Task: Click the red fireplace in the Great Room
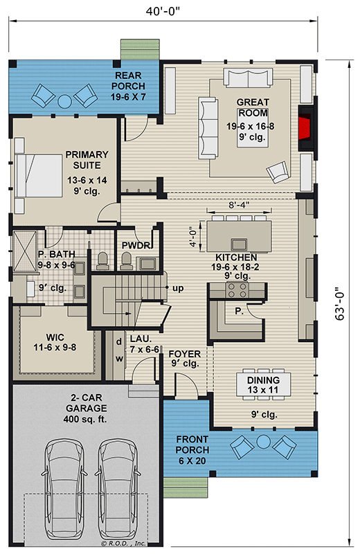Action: click(304, 129)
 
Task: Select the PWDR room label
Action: click(132, 245)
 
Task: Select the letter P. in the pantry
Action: click(239, 311)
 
